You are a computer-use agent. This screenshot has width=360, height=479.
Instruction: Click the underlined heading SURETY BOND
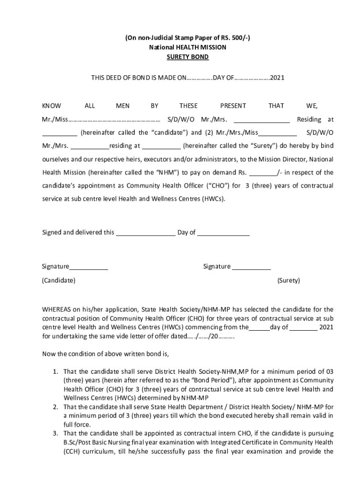(x=187, y=57)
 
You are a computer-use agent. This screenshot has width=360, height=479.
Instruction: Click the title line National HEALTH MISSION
(x=187, y=47)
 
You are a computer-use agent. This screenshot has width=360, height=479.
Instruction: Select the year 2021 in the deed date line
(x=277, y=77)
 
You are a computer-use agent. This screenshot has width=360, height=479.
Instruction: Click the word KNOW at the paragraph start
(x=51, y=106)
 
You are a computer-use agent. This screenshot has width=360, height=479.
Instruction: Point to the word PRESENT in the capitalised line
(x=233, y=106)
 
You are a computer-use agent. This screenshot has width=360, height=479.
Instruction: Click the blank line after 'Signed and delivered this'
(x=145, y=232)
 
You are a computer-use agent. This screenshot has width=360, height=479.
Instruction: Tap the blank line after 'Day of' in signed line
(x=223, y=232)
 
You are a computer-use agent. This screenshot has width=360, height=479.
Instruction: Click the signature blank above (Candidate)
(x=89, y=267)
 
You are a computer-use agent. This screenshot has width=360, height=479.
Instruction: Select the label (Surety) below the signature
(x=288, y=281)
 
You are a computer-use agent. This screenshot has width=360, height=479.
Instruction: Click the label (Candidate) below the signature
(x=58, y=281)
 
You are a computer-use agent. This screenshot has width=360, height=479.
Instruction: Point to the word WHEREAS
(x=57, y=309)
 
